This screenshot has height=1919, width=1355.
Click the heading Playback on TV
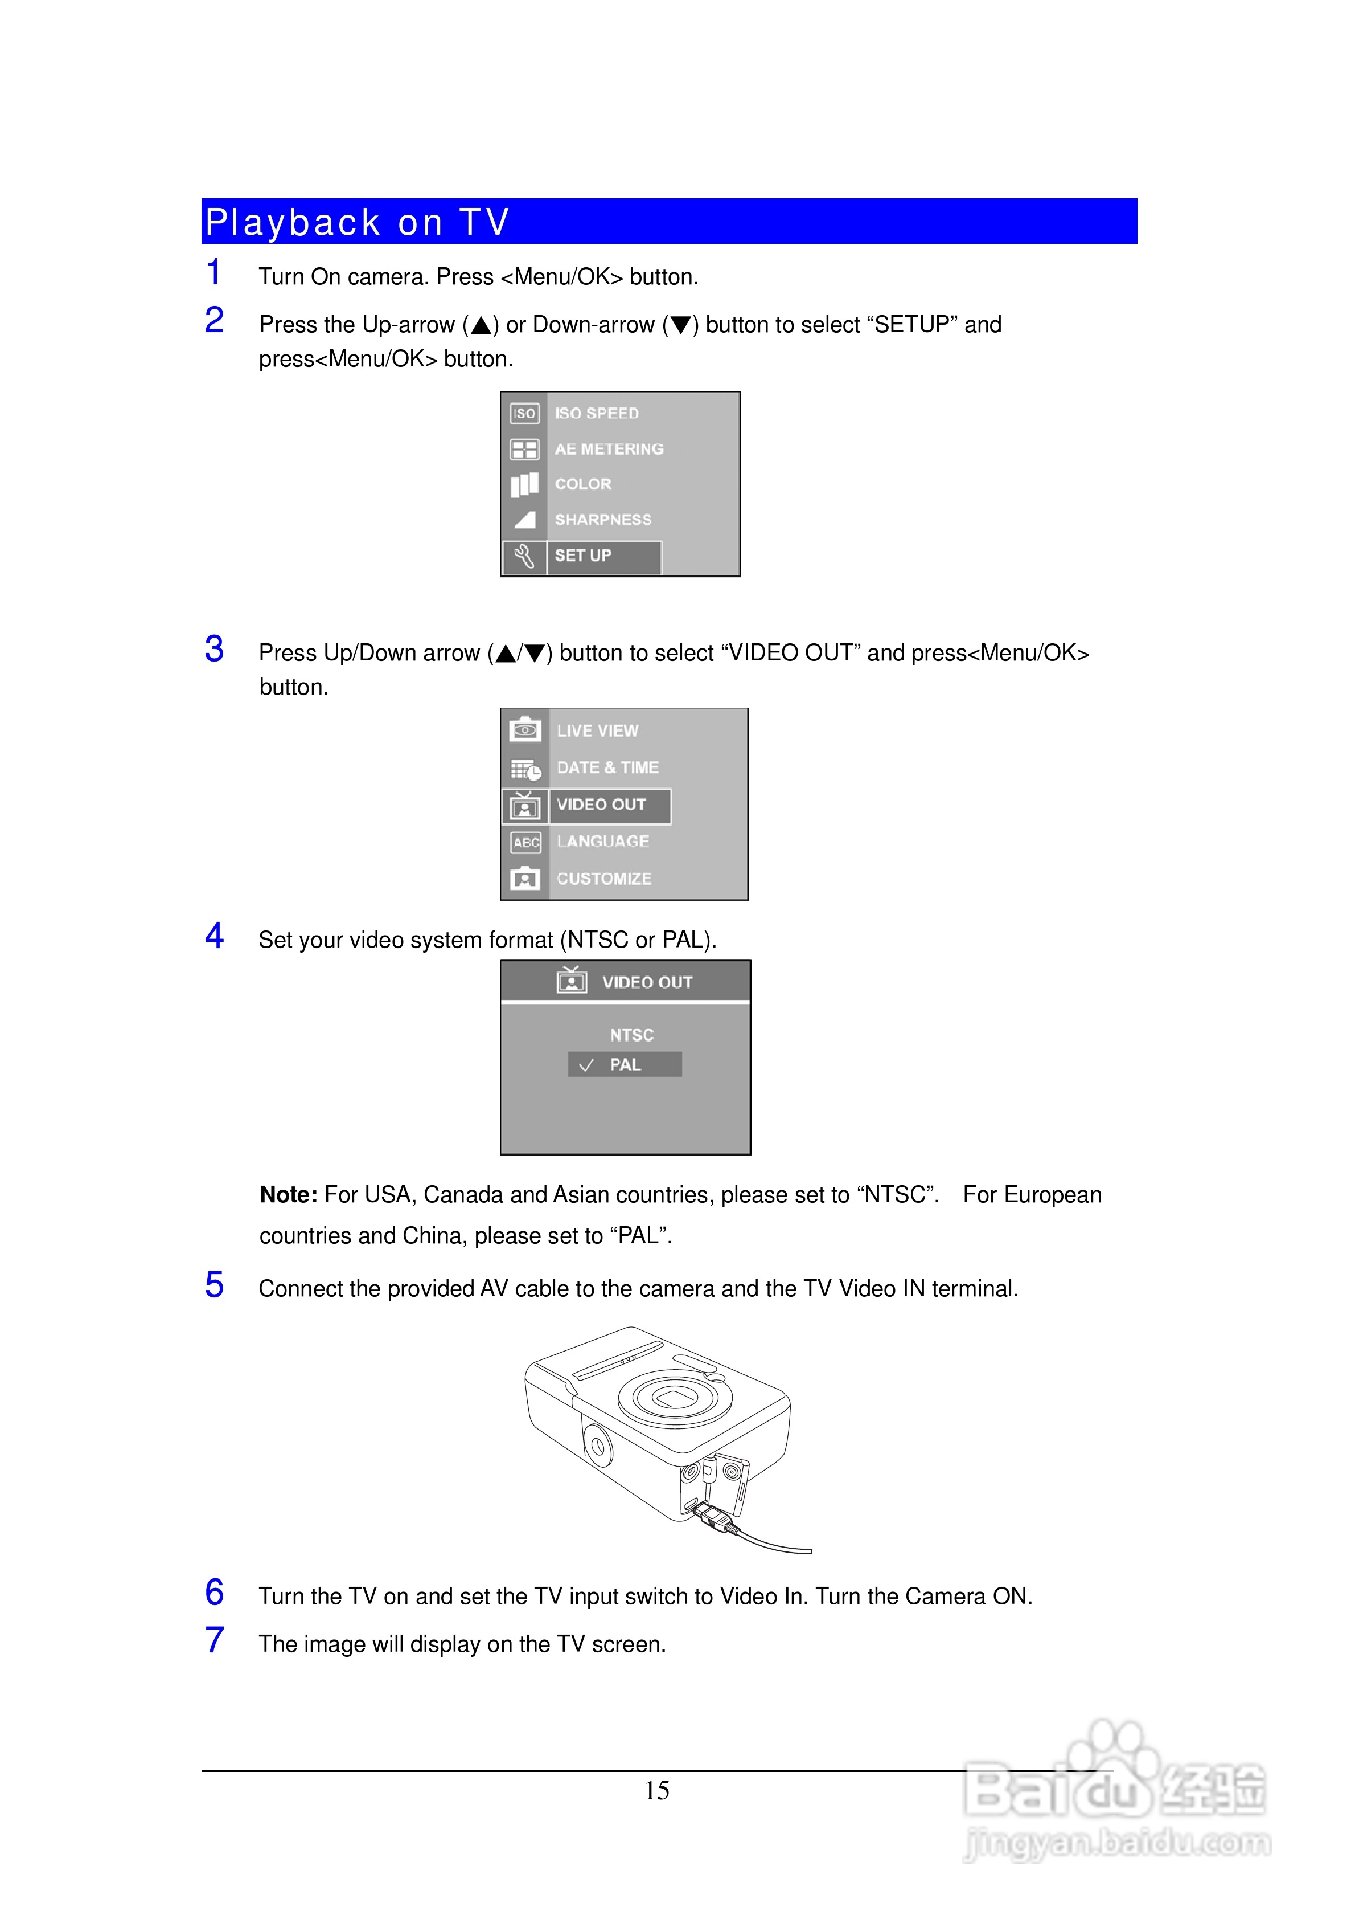coord(358,222)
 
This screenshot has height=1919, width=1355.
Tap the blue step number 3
coord(215,650)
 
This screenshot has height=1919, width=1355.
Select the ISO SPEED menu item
coord(597,414)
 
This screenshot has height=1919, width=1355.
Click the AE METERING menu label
coord(609,449)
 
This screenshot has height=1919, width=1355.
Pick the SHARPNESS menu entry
coord(603,520)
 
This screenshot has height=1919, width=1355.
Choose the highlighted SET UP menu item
coord(583,556)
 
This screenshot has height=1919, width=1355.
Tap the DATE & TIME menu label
coord(607,767)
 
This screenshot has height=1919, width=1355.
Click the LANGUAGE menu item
coord(602,842)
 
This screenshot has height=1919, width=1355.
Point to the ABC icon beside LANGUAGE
coord(525,843)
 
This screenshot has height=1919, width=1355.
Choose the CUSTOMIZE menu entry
coord(604,879)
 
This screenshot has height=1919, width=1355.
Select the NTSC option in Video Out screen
coord(631,1035)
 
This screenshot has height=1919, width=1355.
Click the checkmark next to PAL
coord(586,1065)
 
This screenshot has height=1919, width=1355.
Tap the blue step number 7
coord(215,1641)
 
